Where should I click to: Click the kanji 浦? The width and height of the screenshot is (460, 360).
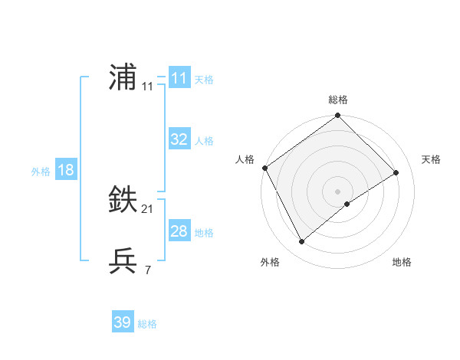click(x=123, y=78)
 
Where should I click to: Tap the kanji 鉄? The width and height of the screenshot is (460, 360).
click(x=123, y=201)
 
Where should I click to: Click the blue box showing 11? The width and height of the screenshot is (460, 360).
click(x=179, y=77)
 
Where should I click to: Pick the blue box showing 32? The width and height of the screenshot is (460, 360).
click(x=179, y=139)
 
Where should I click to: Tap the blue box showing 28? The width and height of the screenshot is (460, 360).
click(x=179, y=231)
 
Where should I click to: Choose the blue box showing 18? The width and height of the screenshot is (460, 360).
click(x=66, y=170)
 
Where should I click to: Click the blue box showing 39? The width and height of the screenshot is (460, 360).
click(x=122, y=322)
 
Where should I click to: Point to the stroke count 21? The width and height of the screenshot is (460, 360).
click(x=147, y=209)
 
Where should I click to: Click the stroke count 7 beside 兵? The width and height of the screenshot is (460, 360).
click(x=147, y=270)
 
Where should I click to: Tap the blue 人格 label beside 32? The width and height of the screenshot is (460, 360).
click(x=204, y=141)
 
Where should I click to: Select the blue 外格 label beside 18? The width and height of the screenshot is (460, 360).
click(x=41, y=172)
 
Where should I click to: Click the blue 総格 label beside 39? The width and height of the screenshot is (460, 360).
click(x=147, y=324)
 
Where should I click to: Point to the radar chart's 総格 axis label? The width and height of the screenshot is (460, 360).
click(x=337, y=100)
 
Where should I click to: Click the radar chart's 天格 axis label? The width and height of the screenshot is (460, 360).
click(x=431, y=159)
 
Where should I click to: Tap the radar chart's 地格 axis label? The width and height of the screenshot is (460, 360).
click(x=402, y=262)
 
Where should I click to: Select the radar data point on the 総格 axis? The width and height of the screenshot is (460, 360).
click(x=337, y=116)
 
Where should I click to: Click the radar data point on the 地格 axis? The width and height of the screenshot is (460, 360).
click(x=347, y=204)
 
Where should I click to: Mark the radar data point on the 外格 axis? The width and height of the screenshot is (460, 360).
click(x=302, y=241)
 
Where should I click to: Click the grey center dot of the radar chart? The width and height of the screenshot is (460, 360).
click(x=337, y=191)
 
